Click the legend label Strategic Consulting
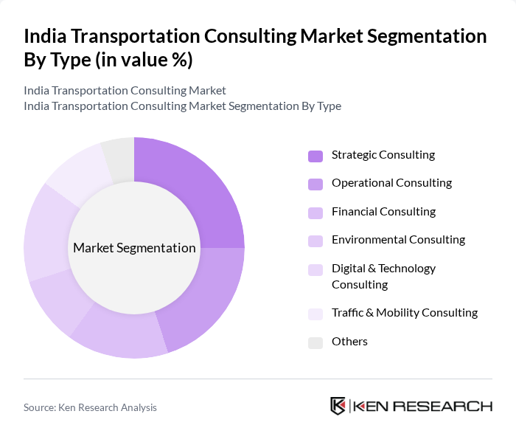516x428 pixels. click(383, 155)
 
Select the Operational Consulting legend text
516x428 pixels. click(391, 183)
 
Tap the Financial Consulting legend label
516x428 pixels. click(383, 212)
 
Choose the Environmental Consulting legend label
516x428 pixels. click(398, 240)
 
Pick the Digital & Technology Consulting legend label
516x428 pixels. click(383, 276)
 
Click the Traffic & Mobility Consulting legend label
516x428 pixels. click(404, 313)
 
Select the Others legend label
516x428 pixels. click(349, 342)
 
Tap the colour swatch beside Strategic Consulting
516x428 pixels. click(315, 156)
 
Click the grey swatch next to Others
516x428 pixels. click(315, 342)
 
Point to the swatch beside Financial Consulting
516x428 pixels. click(315, 213)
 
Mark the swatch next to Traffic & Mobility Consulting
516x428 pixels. click(315, 314)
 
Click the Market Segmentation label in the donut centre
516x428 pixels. click(134, 248)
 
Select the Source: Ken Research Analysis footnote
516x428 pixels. click(90, 407)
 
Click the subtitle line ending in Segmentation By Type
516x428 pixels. click(182, 106)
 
